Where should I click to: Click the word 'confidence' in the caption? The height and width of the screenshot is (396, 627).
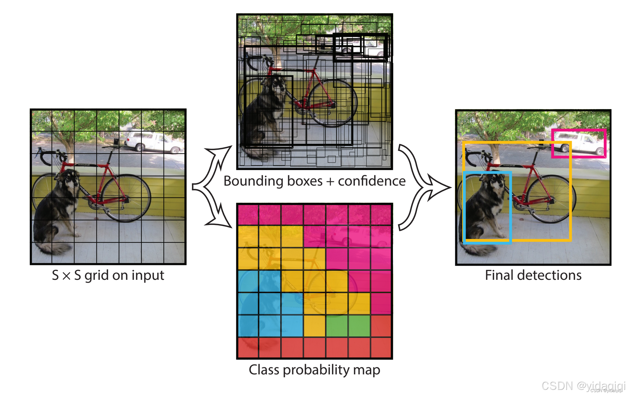(372, 181)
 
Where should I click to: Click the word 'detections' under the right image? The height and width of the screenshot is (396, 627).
(549, 275)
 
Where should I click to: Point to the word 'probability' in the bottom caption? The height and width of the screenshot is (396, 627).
(316, 370)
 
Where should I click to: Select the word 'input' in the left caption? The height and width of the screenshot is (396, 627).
(148, 276)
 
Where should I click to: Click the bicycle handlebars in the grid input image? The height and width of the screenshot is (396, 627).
(48, 155)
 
